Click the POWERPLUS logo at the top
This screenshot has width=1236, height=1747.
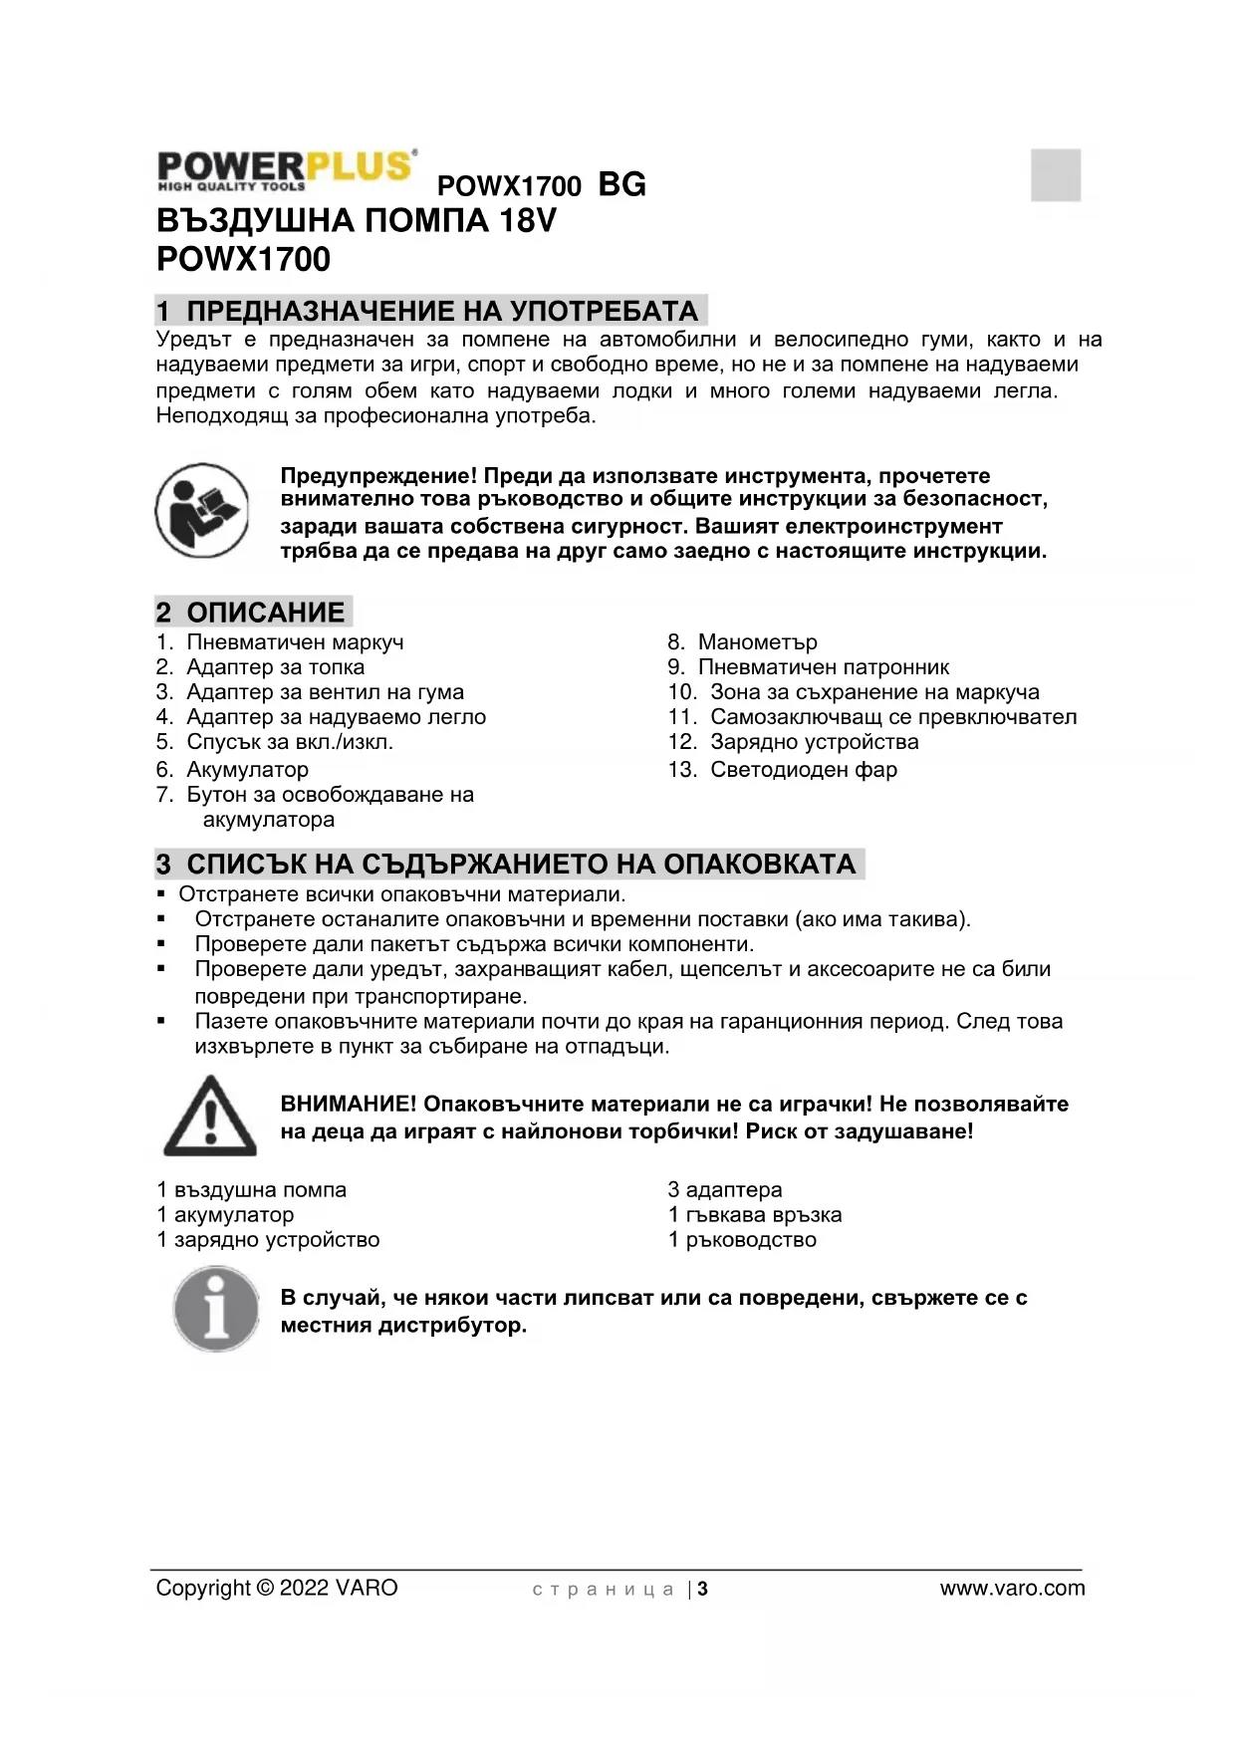click(x=286, y=169)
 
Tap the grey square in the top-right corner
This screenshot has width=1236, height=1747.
click(x=1055, y=174)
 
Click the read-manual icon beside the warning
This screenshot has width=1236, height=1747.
click(x=202, y=510)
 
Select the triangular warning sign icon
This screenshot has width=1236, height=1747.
click(x=210, y=1117)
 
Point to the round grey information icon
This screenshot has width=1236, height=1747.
click(x=216, y=1309)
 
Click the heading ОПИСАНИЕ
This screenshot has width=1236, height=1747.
click(x=265, y=612)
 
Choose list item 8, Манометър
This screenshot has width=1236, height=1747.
click(x=757, y=642)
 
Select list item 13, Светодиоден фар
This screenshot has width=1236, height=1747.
click(x=803, y=769)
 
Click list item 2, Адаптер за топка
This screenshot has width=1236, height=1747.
click(x=275, y=667)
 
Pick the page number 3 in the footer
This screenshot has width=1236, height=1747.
click(x=702, y=1589)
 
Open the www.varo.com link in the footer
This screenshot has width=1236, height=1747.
click(x=1012, y=1589)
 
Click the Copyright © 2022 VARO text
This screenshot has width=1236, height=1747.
click(x=277, y=1588)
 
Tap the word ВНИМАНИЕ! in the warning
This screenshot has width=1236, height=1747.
click(x=348, y=1104)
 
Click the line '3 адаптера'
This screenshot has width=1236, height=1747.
click(x=724, y=1189)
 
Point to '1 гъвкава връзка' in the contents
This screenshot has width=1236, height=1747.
click(x=754, y=1214)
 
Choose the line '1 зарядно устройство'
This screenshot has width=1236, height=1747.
click(x=268, y=1240)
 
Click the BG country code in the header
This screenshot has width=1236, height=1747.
click(x=621, y=184)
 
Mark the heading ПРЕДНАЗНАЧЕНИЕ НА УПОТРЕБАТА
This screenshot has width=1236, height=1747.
click(x=442, y=311)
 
